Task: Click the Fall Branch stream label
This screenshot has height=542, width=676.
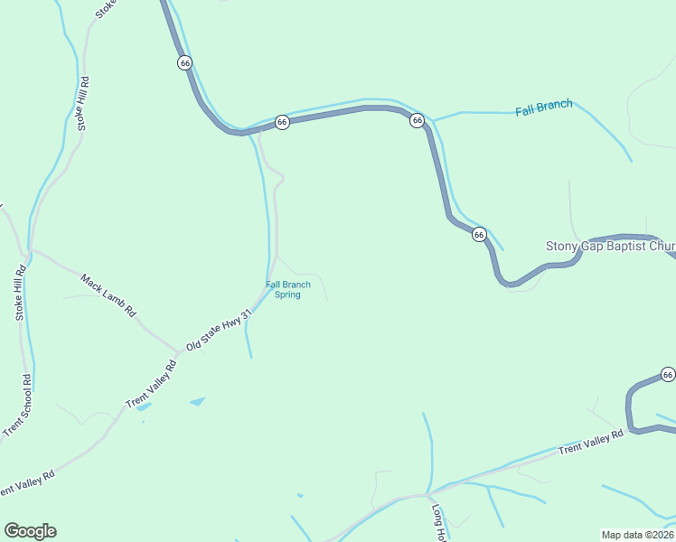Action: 543,108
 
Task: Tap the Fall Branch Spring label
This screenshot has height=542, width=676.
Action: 287,290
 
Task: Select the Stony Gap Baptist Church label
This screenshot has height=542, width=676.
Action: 610,246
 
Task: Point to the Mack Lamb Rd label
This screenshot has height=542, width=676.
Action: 108,294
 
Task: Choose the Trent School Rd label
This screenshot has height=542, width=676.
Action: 17,406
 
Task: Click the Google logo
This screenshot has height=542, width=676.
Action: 30,531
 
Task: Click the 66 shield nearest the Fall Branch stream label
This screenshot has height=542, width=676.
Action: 417,120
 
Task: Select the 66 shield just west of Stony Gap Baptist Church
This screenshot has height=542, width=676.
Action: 479,234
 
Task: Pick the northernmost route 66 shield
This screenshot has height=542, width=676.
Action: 184,62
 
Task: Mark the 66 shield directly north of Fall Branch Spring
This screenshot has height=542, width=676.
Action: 282,121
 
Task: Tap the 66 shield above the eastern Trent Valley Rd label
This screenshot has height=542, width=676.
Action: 667,374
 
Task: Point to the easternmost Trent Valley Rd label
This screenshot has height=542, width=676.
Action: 591,442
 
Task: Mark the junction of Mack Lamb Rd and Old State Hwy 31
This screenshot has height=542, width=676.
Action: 178,352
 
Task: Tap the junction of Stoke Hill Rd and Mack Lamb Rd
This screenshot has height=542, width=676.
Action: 30,249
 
